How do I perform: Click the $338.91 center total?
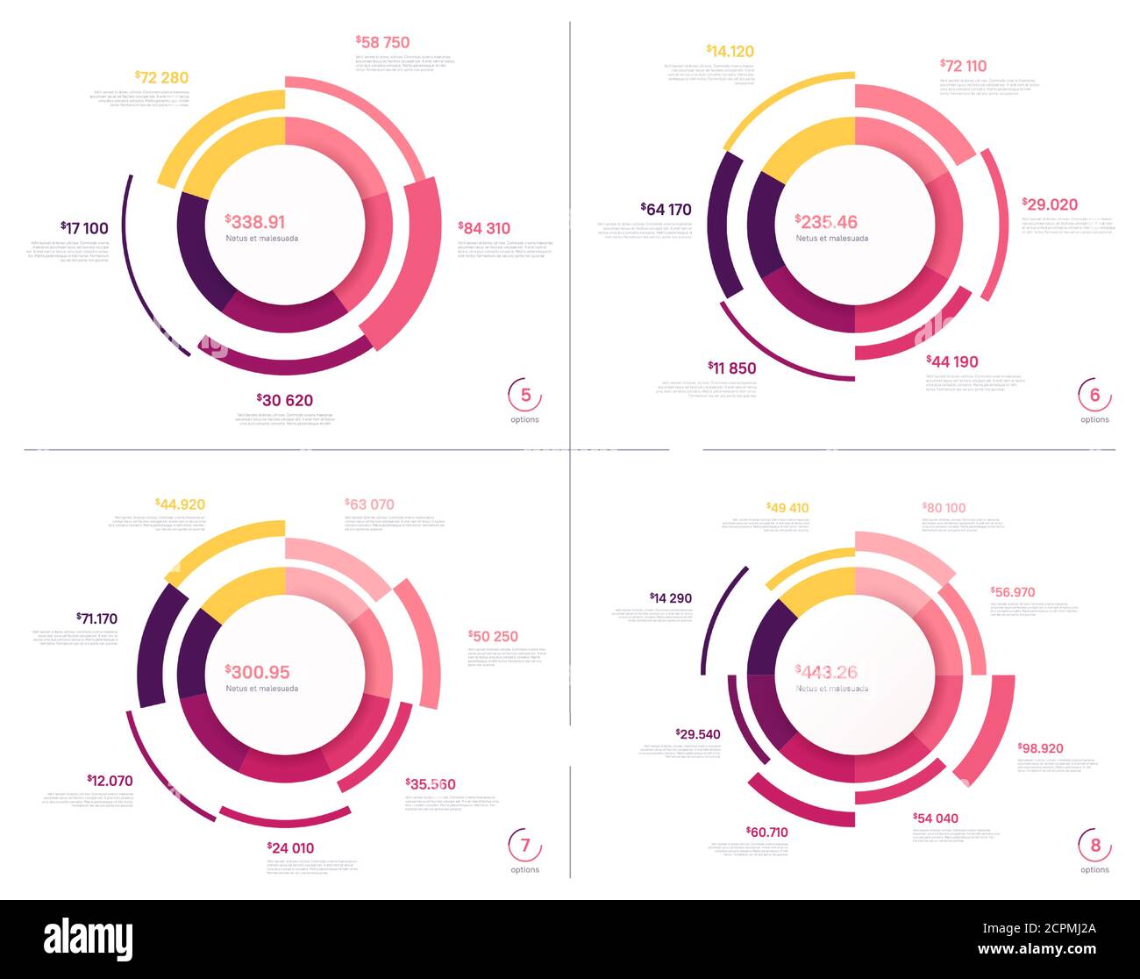point(255,222)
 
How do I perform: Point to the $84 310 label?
point(484,228)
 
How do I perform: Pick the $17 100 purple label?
point(84,228)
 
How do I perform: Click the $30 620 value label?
point(285,400)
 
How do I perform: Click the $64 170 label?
point(667,210)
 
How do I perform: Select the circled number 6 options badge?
point(1094,396)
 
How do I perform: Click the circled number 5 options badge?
point(525,396)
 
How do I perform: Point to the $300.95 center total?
point(257,672)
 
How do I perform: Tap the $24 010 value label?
point(290,847)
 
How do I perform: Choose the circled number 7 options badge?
point(525,846)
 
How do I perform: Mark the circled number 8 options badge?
point(1094,846)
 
